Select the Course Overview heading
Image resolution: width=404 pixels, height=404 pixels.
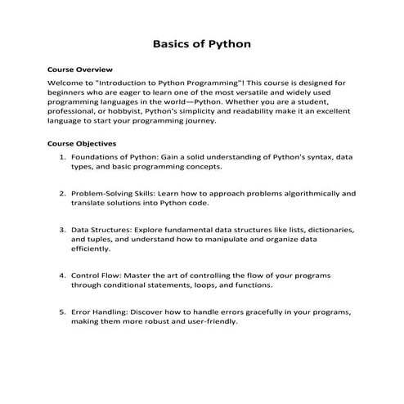point(80,70)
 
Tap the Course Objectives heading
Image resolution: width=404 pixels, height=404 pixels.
point(82,143)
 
